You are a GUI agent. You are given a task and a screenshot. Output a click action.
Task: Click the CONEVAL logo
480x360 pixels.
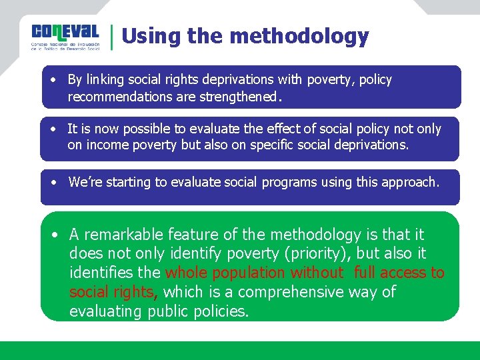point(65,37)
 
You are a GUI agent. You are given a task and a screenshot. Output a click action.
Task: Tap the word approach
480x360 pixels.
point(410,182)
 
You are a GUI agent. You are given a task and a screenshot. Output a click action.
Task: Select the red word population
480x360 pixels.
point(247,273)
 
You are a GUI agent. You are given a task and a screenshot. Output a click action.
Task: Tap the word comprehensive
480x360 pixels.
point(295,292)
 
